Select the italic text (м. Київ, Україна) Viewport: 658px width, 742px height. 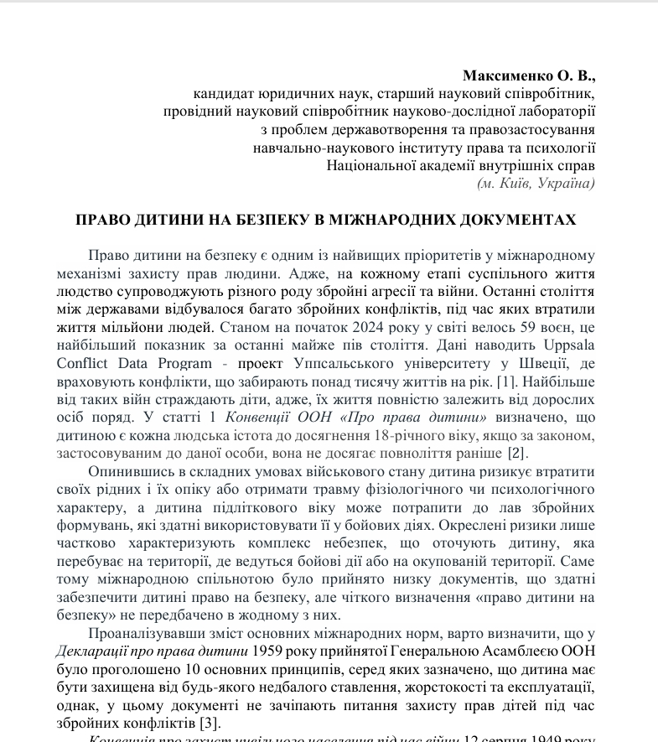(536, 183)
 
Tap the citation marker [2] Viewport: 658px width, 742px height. (516, 454)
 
